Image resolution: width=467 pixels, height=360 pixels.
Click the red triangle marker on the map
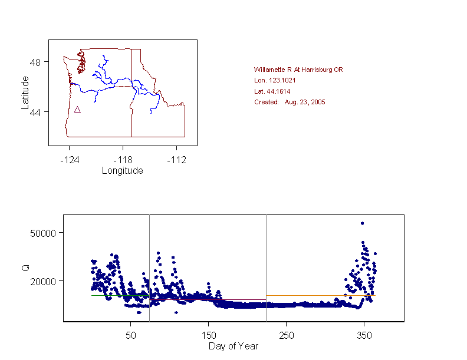77,110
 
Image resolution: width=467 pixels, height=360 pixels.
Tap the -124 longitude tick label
69,160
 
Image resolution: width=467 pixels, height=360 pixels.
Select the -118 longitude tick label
123,160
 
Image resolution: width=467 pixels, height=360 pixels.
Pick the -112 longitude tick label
176,160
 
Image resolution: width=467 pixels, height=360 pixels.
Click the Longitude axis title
122,171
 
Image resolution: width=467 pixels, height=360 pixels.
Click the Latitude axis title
25,92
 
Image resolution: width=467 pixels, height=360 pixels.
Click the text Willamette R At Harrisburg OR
298,70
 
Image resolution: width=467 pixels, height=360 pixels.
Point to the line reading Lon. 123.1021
275,80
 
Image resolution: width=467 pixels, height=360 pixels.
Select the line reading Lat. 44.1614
272,91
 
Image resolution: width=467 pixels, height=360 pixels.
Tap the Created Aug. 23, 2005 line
290,102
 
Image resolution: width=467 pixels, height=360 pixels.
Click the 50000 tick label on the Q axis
43,233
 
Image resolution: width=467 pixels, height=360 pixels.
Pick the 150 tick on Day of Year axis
208,335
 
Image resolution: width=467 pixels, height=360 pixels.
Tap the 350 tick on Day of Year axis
363,335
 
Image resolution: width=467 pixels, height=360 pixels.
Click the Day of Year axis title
233,346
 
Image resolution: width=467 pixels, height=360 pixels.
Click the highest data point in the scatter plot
362,223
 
